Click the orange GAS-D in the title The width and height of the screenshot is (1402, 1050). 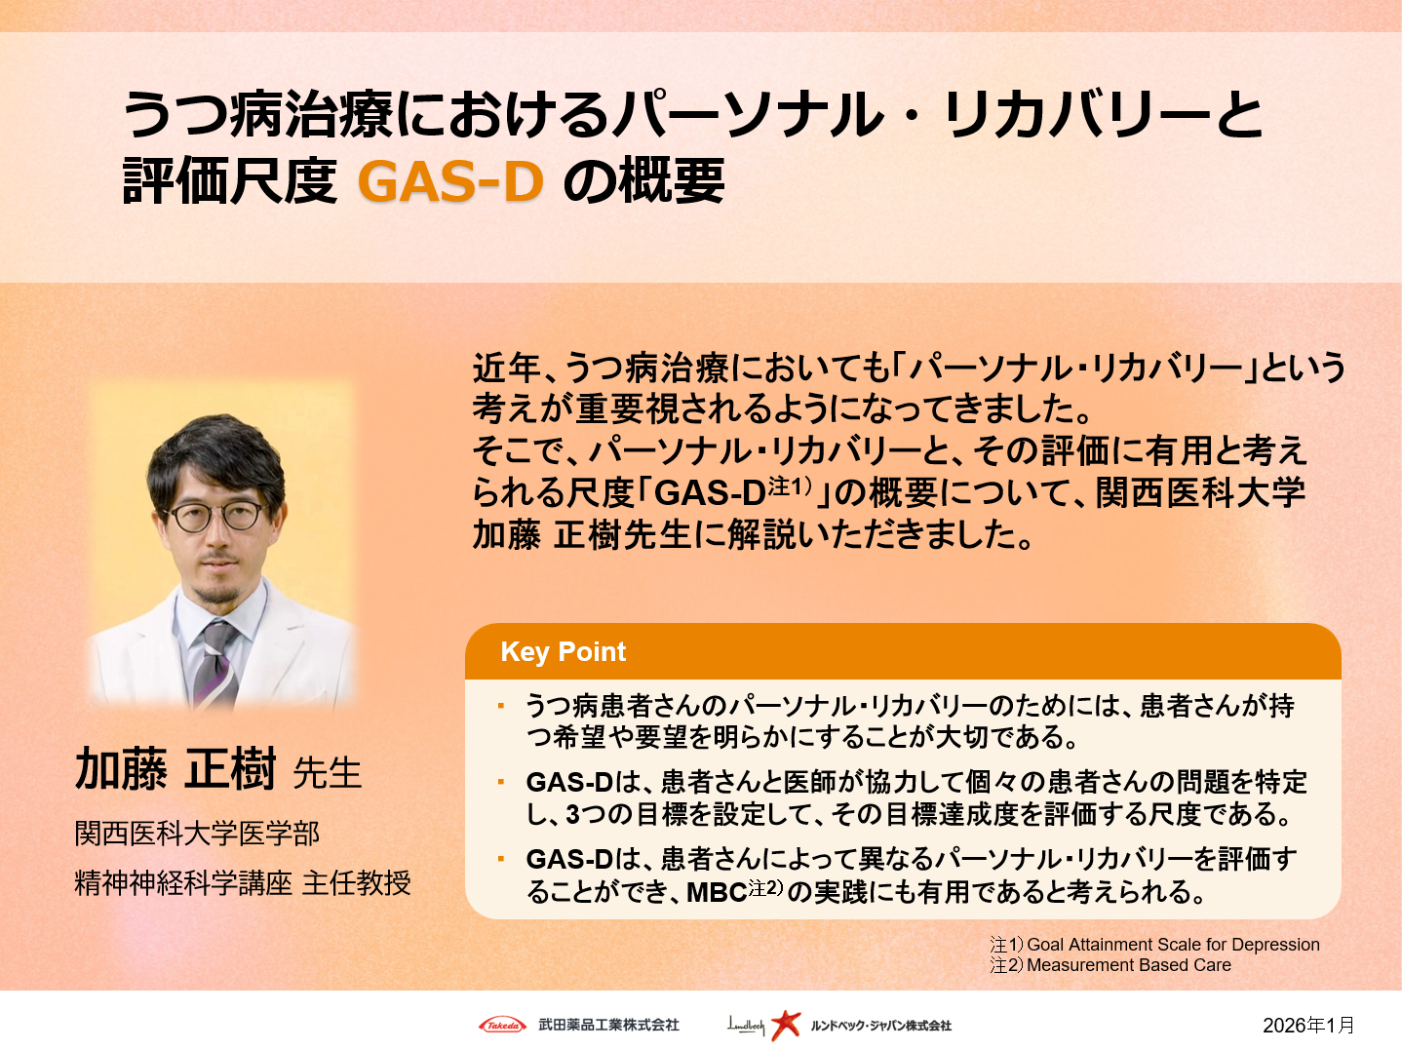450,181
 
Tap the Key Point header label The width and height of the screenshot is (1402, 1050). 563,651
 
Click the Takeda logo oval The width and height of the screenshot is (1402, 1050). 502,1025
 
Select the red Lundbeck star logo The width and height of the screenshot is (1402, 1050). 785,1025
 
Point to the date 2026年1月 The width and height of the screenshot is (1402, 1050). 1308,1025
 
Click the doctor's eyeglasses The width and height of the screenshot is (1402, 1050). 216,517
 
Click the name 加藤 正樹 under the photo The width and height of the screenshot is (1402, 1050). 175,769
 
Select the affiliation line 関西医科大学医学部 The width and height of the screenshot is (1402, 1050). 197,834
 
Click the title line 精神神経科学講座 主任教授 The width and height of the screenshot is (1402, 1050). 243,883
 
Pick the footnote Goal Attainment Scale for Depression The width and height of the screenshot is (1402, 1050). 1173,944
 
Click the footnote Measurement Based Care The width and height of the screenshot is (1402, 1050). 1128,965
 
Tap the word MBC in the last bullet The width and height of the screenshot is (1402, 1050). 717,892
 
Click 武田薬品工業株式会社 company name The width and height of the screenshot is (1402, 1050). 608,1025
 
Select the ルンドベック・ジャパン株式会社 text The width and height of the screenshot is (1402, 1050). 880,1026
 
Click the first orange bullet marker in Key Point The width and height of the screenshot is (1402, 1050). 501,705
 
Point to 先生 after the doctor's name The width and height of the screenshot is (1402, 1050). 328,773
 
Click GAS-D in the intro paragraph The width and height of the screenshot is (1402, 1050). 710,493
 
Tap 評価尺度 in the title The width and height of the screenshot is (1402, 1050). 229,181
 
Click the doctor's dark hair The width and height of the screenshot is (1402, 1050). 214,448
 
